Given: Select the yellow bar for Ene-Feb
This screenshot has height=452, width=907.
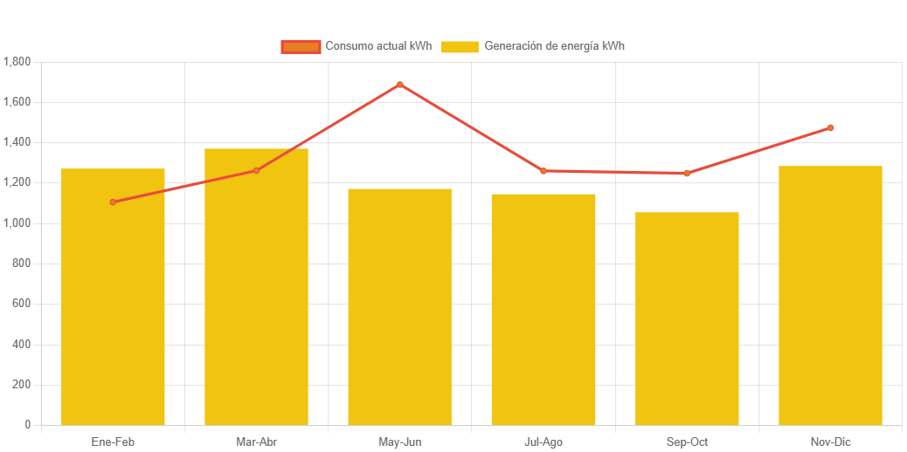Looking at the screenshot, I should (113, 297).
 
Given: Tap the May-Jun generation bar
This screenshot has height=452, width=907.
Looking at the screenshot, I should (399, 306).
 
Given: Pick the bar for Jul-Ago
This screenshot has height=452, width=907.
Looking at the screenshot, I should (543, 309).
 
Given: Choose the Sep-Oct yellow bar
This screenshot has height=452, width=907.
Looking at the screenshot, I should (687, 318).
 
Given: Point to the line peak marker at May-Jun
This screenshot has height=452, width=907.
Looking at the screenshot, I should (399, 85).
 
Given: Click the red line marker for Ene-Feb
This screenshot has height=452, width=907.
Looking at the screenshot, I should (113, 202).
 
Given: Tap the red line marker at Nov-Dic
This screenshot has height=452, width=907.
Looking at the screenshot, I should (830, 128).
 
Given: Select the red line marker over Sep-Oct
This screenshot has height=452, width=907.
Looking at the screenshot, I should (687, 174).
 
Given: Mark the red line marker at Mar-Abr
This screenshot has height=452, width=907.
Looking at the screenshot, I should (256, 171).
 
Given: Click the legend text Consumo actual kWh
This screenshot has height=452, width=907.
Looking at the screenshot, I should (378, 46).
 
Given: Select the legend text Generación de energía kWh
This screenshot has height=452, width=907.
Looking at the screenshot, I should (554, 46).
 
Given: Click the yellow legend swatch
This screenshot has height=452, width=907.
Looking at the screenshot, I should (460, 46).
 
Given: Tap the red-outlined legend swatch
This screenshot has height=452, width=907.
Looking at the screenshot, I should (301, 46).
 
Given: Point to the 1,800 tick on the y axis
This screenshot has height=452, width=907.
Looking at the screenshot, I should (17, 62).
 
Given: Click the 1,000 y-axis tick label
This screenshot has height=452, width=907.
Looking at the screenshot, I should (17, 223).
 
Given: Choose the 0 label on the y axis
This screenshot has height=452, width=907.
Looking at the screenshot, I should (27, 425).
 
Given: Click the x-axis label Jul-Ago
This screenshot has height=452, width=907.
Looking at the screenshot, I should (543, 442).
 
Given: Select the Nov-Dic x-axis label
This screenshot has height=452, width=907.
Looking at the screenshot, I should (830, 442).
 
